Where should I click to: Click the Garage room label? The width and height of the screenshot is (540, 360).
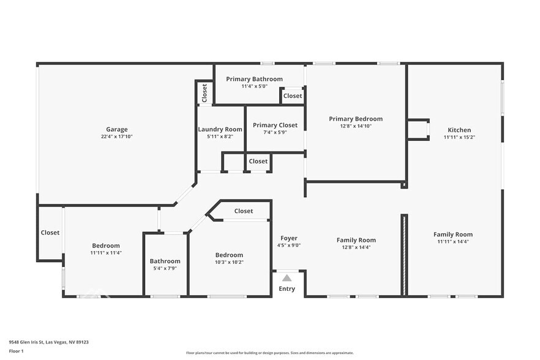117,129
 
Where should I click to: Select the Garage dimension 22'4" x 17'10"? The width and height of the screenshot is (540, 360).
117,137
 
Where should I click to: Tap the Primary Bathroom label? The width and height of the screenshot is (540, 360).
254,79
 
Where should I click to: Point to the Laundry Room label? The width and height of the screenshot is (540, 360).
220,129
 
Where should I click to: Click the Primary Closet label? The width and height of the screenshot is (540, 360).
275,125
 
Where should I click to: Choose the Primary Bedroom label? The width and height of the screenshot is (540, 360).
356,119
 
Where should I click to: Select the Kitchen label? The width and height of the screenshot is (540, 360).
459,130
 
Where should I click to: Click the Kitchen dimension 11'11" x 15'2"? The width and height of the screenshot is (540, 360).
459,137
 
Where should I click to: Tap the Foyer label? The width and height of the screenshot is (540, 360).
289,238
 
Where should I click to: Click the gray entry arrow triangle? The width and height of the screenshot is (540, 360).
287,278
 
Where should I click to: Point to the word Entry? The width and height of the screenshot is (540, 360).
287,289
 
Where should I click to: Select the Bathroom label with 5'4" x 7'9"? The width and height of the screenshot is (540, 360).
165,261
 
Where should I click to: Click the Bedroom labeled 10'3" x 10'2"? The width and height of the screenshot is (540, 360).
229,255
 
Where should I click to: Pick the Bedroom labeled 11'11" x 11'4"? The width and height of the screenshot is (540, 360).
106,246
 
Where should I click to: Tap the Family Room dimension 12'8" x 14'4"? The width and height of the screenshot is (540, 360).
356,247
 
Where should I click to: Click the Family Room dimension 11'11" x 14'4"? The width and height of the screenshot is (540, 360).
453,242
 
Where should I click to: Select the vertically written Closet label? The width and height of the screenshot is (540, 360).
204,94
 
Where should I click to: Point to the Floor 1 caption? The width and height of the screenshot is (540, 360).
16,351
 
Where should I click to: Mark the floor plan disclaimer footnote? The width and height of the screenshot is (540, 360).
269,353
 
